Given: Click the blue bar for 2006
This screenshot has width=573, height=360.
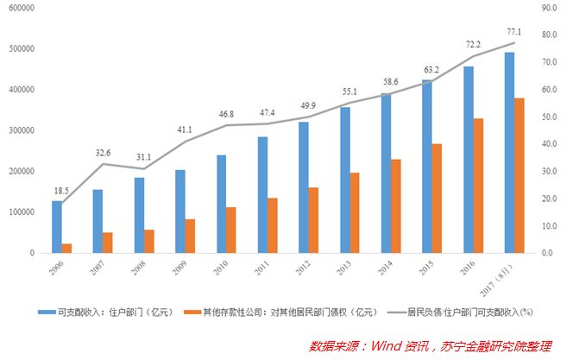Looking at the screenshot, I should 57,227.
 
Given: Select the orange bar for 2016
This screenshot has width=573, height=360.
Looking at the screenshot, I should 478,186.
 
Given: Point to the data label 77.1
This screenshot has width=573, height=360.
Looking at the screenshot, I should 516,29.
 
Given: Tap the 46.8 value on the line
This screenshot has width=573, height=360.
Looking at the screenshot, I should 227,113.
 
